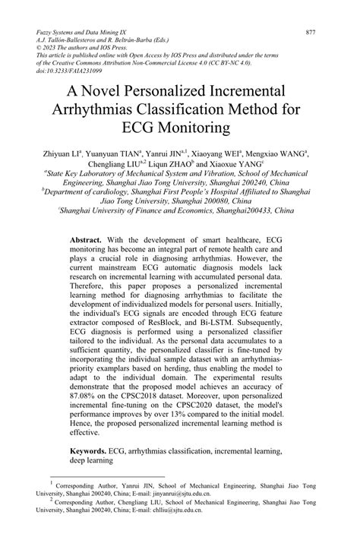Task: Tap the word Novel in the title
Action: point(117,90)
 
